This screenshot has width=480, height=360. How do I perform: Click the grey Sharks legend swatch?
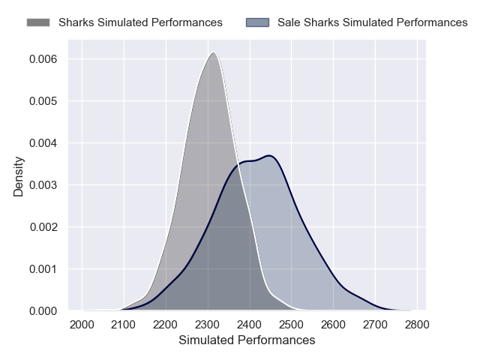coord(38,22)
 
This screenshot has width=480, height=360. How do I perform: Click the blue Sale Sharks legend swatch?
coord(257,22)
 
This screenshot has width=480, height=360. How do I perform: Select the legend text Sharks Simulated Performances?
coord(140,22)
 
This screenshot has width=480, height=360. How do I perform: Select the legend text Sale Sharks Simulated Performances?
coord(372,22)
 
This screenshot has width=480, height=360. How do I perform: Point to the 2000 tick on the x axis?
coord(82,325)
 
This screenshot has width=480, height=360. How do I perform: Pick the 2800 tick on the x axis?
coord(418,325)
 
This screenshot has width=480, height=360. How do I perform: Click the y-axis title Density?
coord(19,175)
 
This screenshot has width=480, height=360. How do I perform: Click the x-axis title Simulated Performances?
coord(247,340)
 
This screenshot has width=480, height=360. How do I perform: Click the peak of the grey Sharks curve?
coord(214,52)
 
